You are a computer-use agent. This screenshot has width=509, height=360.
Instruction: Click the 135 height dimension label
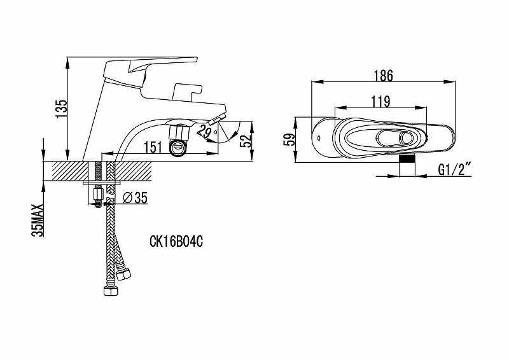[x=62, y=108]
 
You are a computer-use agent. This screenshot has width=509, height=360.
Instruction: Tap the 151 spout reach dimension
[x=153, y=147]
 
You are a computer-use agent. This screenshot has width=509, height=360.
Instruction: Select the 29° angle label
[x=207, y=132]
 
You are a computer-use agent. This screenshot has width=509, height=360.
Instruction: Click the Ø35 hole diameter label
[x=136, y=197]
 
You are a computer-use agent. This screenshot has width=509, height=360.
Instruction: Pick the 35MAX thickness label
[x=38, y=221]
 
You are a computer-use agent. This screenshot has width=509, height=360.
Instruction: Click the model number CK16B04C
[x=176, y=242]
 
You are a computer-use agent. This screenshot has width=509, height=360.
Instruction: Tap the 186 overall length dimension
[x=384, y=75]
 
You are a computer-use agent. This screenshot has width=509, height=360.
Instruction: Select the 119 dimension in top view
[x=380, y=102]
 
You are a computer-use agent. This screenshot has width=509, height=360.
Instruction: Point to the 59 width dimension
[x=289, y=139]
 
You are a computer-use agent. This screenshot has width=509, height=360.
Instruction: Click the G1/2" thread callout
[x=454, y=170]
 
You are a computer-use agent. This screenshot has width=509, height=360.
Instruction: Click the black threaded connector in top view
[x=407, y=159]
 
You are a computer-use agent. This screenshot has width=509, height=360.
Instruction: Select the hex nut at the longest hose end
[x=111, y=291]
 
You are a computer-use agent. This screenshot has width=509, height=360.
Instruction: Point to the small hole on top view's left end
[x=318, y=138]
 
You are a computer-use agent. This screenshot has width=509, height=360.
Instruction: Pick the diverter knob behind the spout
[x=188, y=91]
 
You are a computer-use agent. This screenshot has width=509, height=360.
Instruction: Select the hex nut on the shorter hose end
[x=123, y=275]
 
